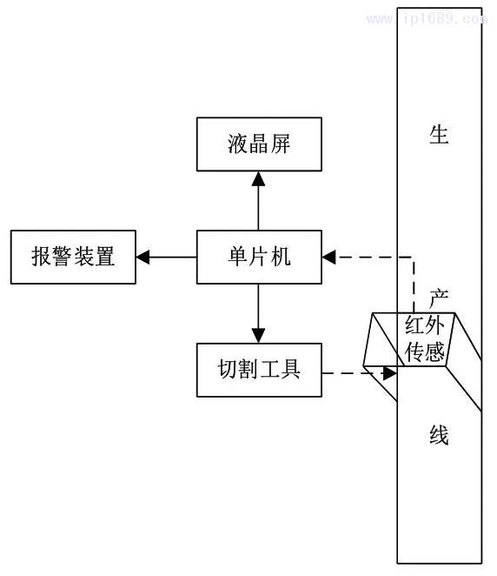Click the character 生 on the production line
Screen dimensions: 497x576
pos(439,135)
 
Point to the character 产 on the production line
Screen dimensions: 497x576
pos(439,298)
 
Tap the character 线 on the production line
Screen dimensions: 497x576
pos(439,435)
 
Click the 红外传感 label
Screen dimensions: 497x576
pos(425,338)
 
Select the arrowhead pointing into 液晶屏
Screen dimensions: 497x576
pos(259,178)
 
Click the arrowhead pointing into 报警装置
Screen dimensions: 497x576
pos(142,258)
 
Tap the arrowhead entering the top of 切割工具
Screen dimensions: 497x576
pos(259,336)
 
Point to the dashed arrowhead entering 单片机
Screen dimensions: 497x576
pos(329,258)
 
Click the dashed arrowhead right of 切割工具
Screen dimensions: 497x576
pos(390,373)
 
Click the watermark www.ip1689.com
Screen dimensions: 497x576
pos(427,18)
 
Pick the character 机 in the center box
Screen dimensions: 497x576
pos(281,257)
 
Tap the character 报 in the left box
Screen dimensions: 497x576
pos(41,257)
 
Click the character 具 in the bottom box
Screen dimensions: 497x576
pos(291,369)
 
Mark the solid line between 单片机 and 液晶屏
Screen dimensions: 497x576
pos(259,208)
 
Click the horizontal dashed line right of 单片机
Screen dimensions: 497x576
pos(374,258)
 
